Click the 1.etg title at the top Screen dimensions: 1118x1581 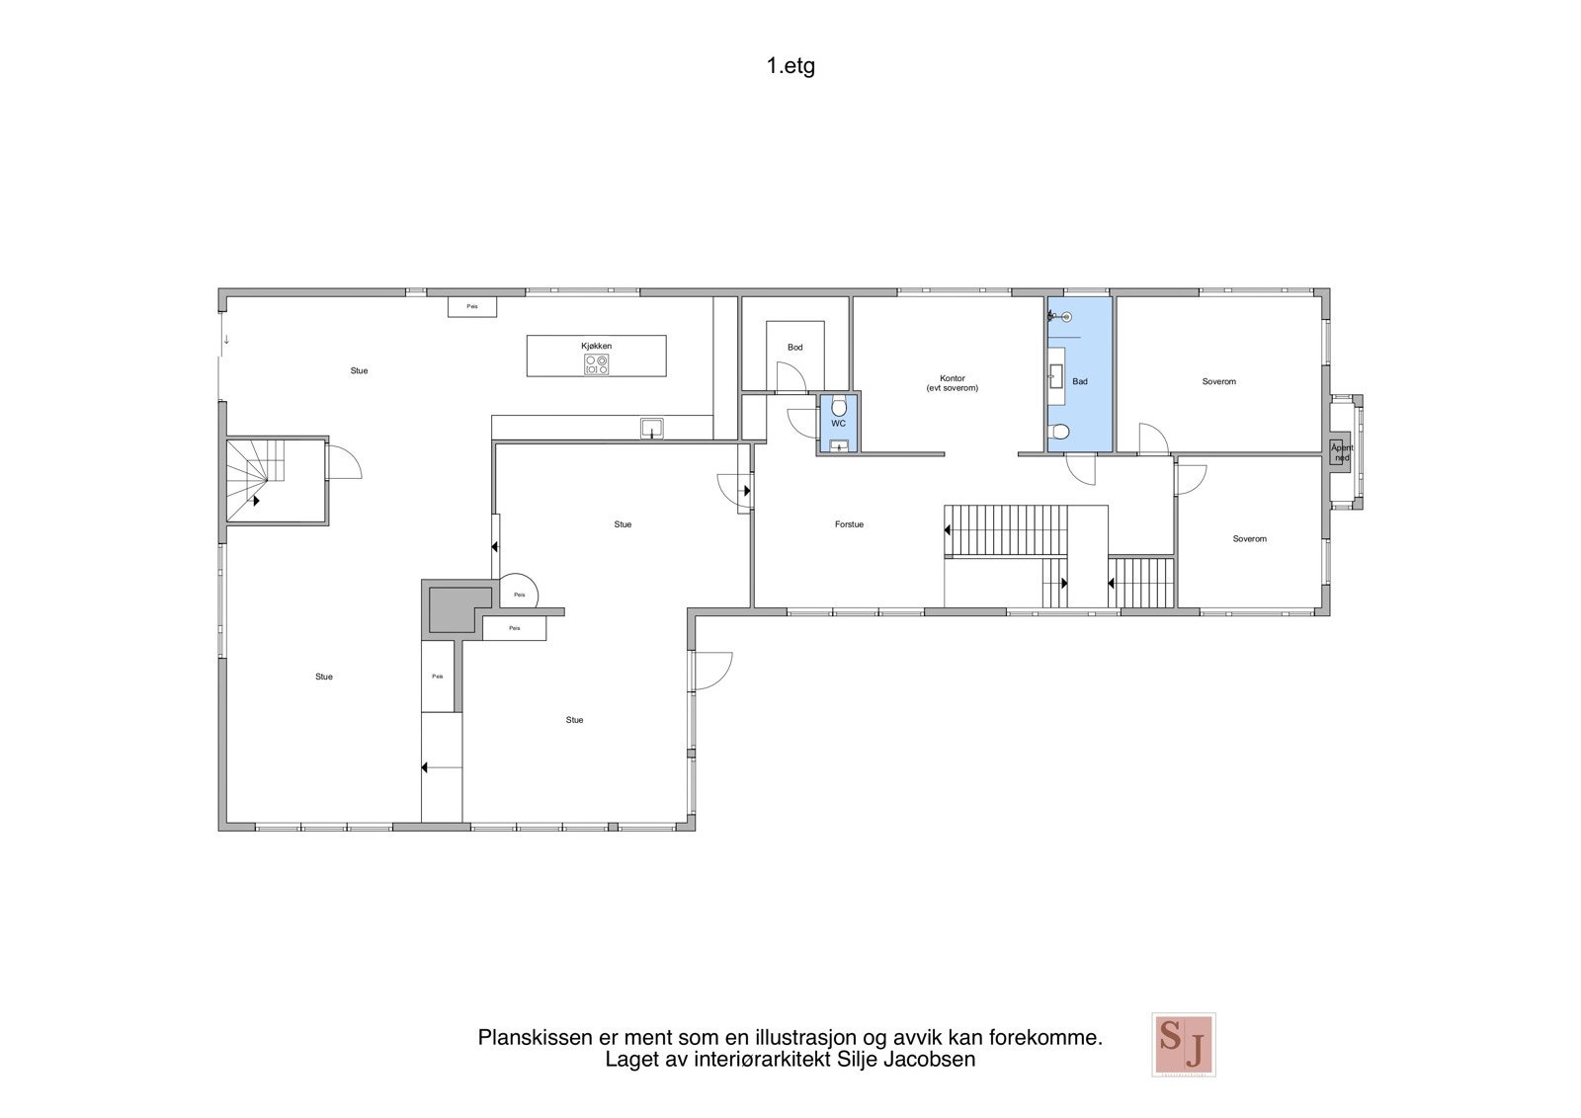pyautogui.click(x=790, y=67)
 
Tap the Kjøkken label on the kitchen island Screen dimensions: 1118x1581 pyautogui.click(x=596, y=346)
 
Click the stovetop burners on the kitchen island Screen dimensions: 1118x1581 pyautogui.click(x=596, y=364)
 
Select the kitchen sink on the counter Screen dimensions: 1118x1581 pyautogui.click(x=651, y=428)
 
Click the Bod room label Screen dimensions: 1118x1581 pyautogui.click(x=794, y=348)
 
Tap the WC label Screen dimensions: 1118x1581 pyautogui.click(x=838, y=424)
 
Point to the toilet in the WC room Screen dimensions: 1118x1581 pyautogui.click(x=838, y=405)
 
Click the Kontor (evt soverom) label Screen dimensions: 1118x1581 pyautogui.click(x=952, y=383)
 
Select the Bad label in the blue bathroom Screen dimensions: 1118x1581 pyautogui.click(x=1080, y=381)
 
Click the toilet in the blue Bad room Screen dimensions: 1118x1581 pyautogui.click(x=1060, y=432)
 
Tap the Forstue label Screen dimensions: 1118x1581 pyautogui.click(x=849, y=524)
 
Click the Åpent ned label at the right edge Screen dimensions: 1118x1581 pyautogui.click(x=1342, y=453)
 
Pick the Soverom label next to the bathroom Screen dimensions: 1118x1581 pyautogui.click(x=1218, y=381)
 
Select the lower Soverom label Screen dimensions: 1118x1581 pyautogui.click(x=1249, y=539)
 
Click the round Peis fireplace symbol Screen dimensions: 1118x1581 pyautogui.click(x=519, y=594)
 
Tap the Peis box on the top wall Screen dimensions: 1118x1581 pyautogui.click(x=472, y=306)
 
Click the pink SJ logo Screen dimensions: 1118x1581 pyautogui.click(x=1183, y=1044)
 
